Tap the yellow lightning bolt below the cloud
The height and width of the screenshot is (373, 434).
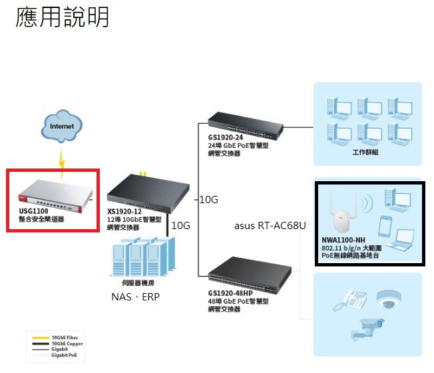62,163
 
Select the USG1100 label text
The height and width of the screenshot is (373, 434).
33,211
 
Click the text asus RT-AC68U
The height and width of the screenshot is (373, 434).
270,226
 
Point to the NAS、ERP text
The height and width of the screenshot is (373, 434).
135,296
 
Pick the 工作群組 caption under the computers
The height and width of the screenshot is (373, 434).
365,153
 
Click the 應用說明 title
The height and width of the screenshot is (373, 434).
62,17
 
